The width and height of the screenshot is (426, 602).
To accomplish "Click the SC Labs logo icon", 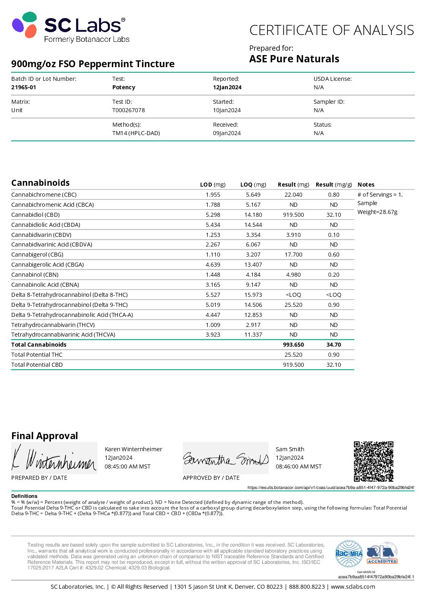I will click(25, 25).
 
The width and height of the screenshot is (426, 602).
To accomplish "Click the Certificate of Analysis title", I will click(331, 30).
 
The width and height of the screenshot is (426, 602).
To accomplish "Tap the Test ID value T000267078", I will click(128, 110).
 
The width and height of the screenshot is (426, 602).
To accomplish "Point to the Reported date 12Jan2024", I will click(227, 87).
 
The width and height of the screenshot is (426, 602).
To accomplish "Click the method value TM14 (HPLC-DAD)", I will click(136, 133).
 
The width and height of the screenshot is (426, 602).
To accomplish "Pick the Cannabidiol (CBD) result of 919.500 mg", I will click(293, 215).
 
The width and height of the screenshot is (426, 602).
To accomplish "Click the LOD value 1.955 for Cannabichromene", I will click(213, 195).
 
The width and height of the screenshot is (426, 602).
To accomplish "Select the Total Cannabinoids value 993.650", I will click(293, 345).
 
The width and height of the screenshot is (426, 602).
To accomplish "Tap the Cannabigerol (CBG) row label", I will click(37, 255).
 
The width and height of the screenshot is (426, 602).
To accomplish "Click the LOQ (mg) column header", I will click(253, 185).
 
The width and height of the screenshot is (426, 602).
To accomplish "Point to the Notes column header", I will click(366, 185).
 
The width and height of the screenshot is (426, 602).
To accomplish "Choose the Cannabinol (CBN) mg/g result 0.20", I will click(333, 275).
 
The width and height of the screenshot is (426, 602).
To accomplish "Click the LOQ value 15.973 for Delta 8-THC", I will click(253, 295).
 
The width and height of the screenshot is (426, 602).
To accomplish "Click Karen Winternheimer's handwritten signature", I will click(54, 458).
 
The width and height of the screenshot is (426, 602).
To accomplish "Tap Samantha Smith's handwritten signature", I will click(225, 458).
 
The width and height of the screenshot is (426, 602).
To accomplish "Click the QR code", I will click(373, 461).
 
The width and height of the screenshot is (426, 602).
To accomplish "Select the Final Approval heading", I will click(45, 436).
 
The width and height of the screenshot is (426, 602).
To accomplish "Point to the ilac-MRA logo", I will click(349, 553).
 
